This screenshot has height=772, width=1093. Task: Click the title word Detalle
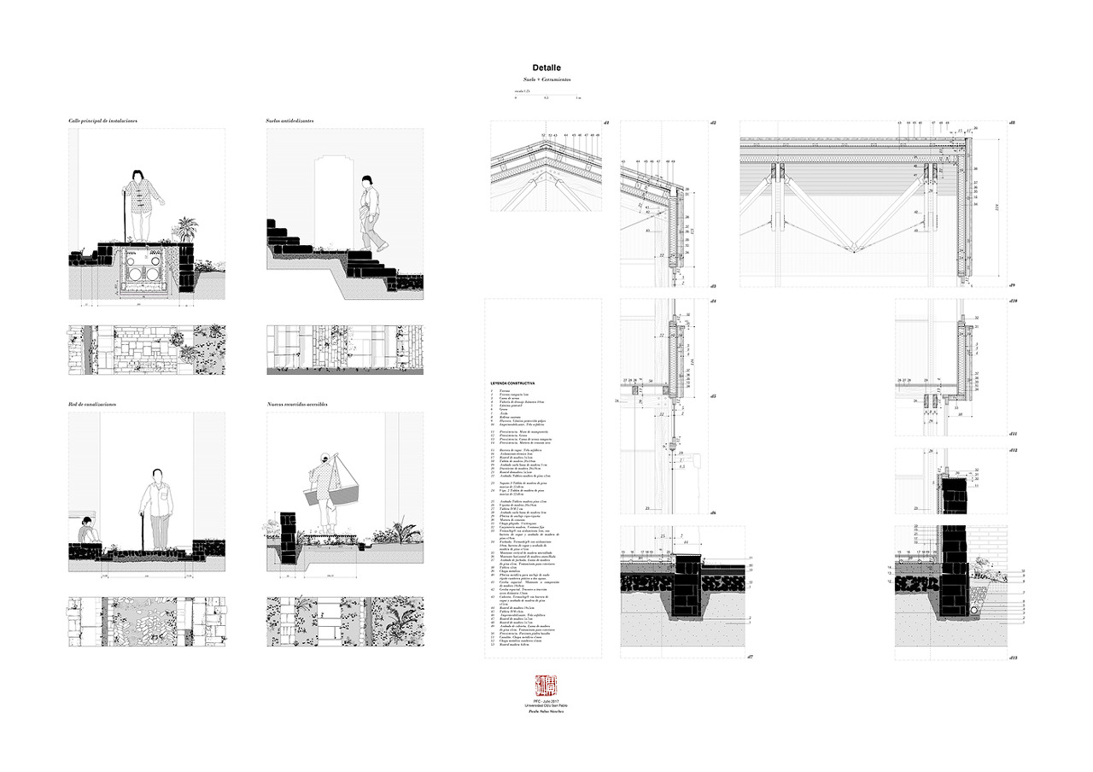[x=546, y=67]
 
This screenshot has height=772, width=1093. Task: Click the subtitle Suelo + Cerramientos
[x=546, y=80]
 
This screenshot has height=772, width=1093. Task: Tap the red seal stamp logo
[x=545, y=685]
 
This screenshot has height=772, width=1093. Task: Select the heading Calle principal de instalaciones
[x=103, y=121]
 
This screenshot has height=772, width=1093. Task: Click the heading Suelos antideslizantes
[x=289, y=121]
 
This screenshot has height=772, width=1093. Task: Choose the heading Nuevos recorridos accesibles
[x=298, y=404]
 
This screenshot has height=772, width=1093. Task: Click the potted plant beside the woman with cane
[x=184, y=229]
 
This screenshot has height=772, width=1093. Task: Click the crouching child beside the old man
[x=88, y=531]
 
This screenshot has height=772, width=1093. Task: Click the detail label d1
[x=605, y=125]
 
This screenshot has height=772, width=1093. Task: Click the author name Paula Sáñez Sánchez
[x=545, y=711]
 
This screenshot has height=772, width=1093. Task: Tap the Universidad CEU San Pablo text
[x=545, y=705]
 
